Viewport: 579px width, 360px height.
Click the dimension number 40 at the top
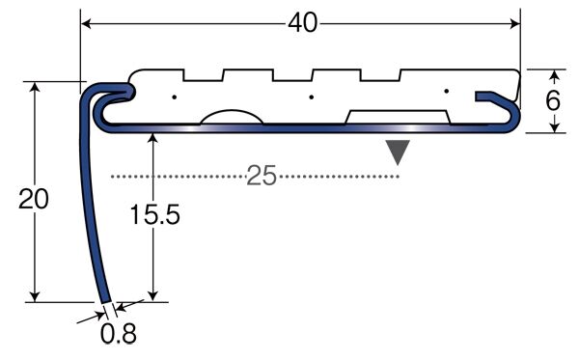click(x=302, y=23)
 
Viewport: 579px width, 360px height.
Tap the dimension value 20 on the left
click(x=33, y=199)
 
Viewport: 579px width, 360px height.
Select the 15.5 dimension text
click(x=155, y=214)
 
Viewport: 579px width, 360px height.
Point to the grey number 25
click(x=262, y=176)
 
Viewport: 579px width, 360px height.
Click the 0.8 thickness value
click(x=119, y=334)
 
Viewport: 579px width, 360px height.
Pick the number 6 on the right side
click(x=553, y=100)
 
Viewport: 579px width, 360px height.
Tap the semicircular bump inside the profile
click(x=232, y=116)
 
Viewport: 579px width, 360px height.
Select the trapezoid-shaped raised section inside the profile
click(x=398, y=117)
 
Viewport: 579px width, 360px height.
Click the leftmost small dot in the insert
click(x=175, y=97)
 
